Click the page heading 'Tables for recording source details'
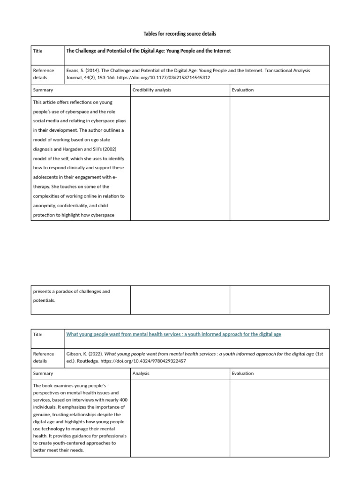[180, 34]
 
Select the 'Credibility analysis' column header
[151, 90]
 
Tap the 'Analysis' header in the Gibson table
[141, 374]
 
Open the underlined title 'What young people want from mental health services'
[173, 334]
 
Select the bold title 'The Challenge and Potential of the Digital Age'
[149, 51]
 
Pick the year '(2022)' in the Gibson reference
[94, 354]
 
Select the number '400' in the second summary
[122, 400]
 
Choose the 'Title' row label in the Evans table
[37, 51]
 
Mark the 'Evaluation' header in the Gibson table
[242, 374]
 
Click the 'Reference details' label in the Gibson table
[43, 358]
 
